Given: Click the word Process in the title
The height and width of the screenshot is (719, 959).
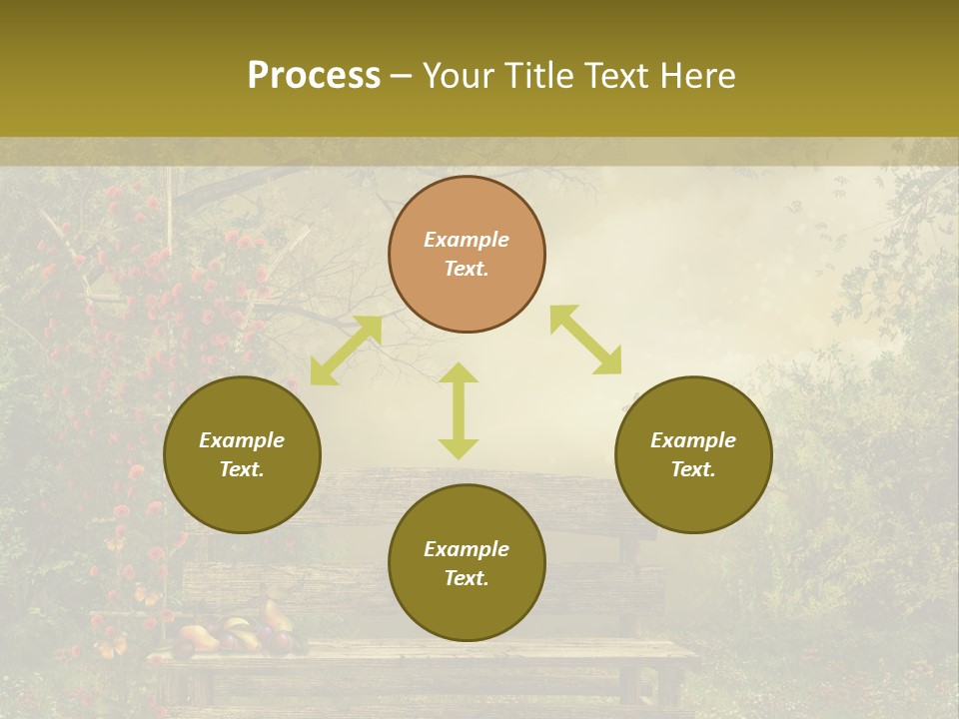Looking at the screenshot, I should point(314,76).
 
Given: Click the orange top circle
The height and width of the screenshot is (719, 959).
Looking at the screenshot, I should point(467,255).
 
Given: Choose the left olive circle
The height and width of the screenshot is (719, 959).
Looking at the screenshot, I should point(242,454).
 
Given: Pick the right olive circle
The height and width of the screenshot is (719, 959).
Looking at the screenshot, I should point(693,454).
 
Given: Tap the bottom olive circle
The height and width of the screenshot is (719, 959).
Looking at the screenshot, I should point(467,562).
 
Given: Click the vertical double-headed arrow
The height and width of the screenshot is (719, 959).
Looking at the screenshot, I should point(459,410).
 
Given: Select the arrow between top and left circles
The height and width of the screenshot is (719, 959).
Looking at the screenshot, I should point(346,351).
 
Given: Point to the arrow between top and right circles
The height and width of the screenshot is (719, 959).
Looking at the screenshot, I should point(585,340).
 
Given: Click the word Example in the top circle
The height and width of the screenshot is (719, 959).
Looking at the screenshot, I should point(467,240).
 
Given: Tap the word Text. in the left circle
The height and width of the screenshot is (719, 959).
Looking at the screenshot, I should point(242,469).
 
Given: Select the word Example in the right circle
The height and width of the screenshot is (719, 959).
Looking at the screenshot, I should point(693,440).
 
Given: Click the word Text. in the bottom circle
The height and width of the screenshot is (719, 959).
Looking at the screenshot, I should point(467,578).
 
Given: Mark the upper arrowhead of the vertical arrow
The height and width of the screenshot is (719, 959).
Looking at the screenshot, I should point(459,373).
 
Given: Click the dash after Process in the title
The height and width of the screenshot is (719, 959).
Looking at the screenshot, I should point(402,77).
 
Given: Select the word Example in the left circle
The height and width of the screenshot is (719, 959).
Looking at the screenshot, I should point(242,440).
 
